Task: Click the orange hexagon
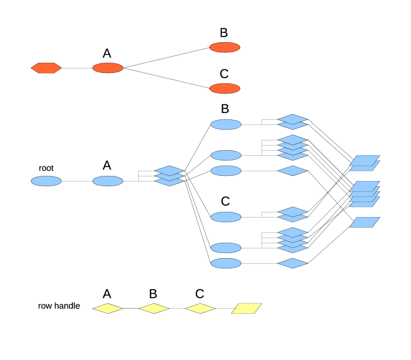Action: pos(46,68)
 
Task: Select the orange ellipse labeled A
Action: pos(108,68)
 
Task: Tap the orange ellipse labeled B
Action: pos(225,47)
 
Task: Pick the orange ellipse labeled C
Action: pos(225,88)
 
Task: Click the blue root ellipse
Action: pos(46,181)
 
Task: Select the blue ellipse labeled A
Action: pos(108,181)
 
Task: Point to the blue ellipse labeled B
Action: pos(226,124)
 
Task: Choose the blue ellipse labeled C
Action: pos(226,217)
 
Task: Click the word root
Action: pos(46,168)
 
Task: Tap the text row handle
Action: pos(59,306)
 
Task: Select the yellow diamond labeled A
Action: pos(108,309)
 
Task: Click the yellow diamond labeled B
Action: pos(154,309)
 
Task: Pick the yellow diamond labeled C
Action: pos(200,309)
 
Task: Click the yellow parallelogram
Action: pos(247,309)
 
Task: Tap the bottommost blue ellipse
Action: pos(226,263)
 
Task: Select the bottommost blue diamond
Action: pos(293,263)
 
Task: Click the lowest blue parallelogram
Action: pos(365,222)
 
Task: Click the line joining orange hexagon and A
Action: pos(77,68)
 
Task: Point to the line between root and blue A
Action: pos(77,181)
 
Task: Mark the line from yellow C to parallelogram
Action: pos(223,309)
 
